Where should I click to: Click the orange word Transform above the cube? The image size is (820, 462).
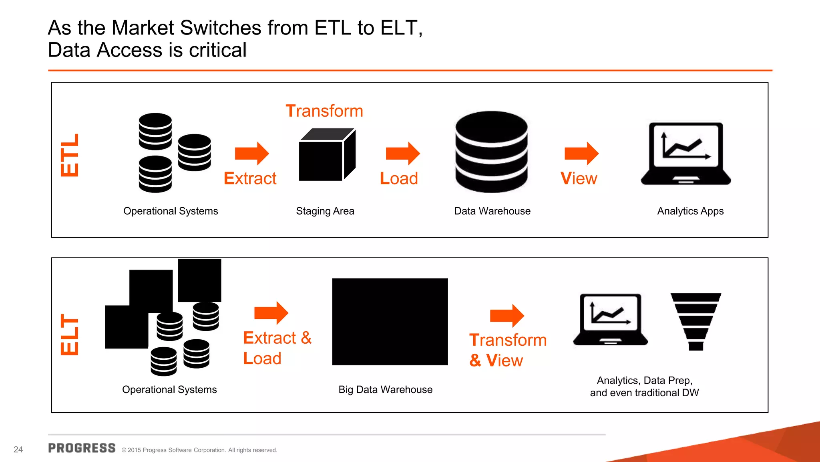click(x=324, y=111)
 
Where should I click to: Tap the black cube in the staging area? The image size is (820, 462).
click(x=326, y=155)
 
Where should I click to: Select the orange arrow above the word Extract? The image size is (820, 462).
click(x=251, y=153)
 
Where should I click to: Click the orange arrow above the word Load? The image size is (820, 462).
click(x=402, y=153)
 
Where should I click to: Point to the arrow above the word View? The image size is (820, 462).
click(x=581, y=153)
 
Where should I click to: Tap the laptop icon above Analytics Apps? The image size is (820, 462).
click(x=686, y=154)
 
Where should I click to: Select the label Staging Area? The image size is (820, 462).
click(x=325, y=211)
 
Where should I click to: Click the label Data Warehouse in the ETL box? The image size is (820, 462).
click(x=492, y=211)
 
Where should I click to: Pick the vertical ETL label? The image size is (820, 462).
click(x=70, y=155)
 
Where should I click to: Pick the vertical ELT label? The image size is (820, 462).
click(x=70, y=334)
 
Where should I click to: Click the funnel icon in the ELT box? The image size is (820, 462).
click(x=696, y=321)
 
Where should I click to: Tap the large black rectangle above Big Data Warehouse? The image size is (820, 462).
click(x=390, y=322)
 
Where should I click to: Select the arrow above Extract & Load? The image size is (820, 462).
click(x=271, y=313)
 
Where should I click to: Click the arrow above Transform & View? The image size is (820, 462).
click(x=506, y=316)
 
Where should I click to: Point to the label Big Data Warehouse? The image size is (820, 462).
click(x=385, y=389)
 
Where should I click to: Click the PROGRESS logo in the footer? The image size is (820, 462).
click(x=82, y=448)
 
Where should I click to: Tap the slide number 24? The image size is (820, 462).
click(x=18, y=450)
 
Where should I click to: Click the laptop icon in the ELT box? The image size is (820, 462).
click(x=610, y=320)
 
